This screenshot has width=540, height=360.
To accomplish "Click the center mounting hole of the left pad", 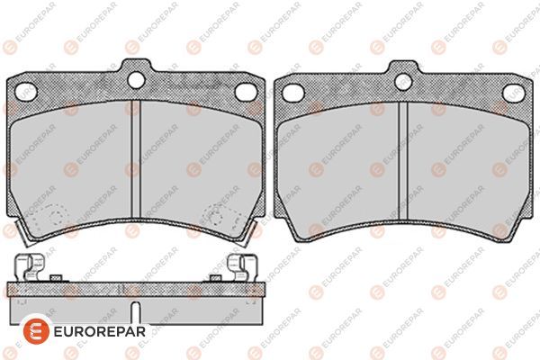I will coord(136,80).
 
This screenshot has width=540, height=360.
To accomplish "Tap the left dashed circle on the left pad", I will coord(49,217).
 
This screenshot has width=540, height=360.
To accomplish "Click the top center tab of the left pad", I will coord(136,72).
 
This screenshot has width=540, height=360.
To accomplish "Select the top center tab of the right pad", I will coord(401,72).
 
